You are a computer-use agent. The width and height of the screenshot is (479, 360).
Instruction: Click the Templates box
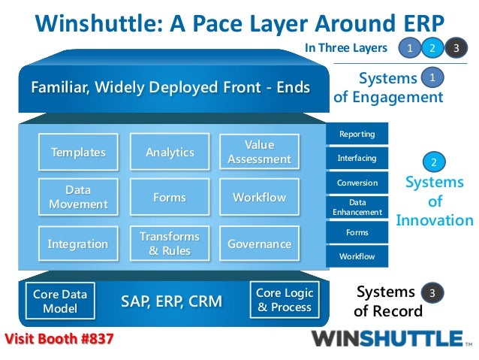pyautogui.click(x=78, y=153)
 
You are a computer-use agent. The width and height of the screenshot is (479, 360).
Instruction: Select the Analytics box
pyautogui.click(x=170, y=153)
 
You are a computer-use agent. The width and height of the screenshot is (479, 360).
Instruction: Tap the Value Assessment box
pyautogui.click(x=259, y=152)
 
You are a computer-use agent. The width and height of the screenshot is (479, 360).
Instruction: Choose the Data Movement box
pyautogui.click(x=78, y=198)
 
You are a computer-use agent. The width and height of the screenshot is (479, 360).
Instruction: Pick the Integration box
pyautogui.click(x=78, y=244)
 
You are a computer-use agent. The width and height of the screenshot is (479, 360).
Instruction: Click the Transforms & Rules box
pyautogui.click(x=170, y=244)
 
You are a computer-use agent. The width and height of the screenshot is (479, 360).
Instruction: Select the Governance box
pyautogui.click(x=259, y=244)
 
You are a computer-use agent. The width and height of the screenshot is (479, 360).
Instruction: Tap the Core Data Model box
pyautogui.click(x=60, y=301)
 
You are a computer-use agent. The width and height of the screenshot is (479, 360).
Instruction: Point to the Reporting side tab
pyautogui.click(x=357, y=135)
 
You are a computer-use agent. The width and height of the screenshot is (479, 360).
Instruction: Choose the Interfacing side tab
pyautogui.click(x=357, y=159)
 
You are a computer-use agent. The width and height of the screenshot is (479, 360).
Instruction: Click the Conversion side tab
pyautogui.click(x=357, y=183)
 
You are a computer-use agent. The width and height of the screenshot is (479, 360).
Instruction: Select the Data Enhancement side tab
pyautogui.click(x=357, y=207)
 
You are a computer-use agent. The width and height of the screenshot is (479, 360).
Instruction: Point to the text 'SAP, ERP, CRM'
pyautogui.click(x=171, y=302)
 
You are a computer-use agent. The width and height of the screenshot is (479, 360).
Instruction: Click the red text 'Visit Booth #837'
pyautogui.click(x=60, y=339)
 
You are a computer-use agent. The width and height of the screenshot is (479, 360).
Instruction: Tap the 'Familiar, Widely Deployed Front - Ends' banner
pyautogui.click(x=170, y=88)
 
